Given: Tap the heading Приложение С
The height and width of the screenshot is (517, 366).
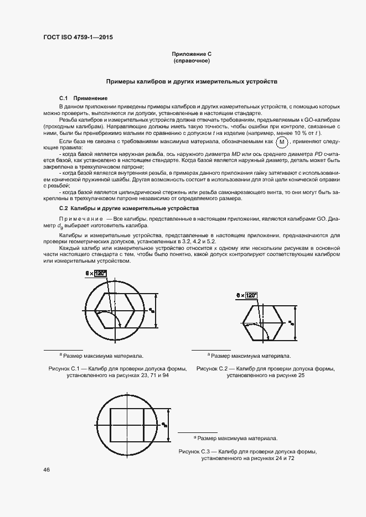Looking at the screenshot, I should [192, 54].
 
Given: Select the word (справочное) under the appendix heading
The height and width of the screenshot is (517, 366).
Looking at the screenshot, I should [192, 61].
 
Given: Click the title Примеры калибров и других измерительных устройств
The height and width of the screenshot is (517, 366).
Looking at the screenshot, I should [192, 81].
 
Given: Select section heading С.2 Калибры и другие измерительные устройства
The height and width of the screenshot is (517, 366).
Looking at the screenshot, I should [128, 208].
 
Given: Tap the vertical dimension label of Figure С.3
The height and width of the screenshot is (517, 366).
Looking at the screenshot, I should [164, 425].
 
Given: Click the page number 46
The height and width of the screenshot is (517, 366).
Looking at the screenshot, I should [45, 470].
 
